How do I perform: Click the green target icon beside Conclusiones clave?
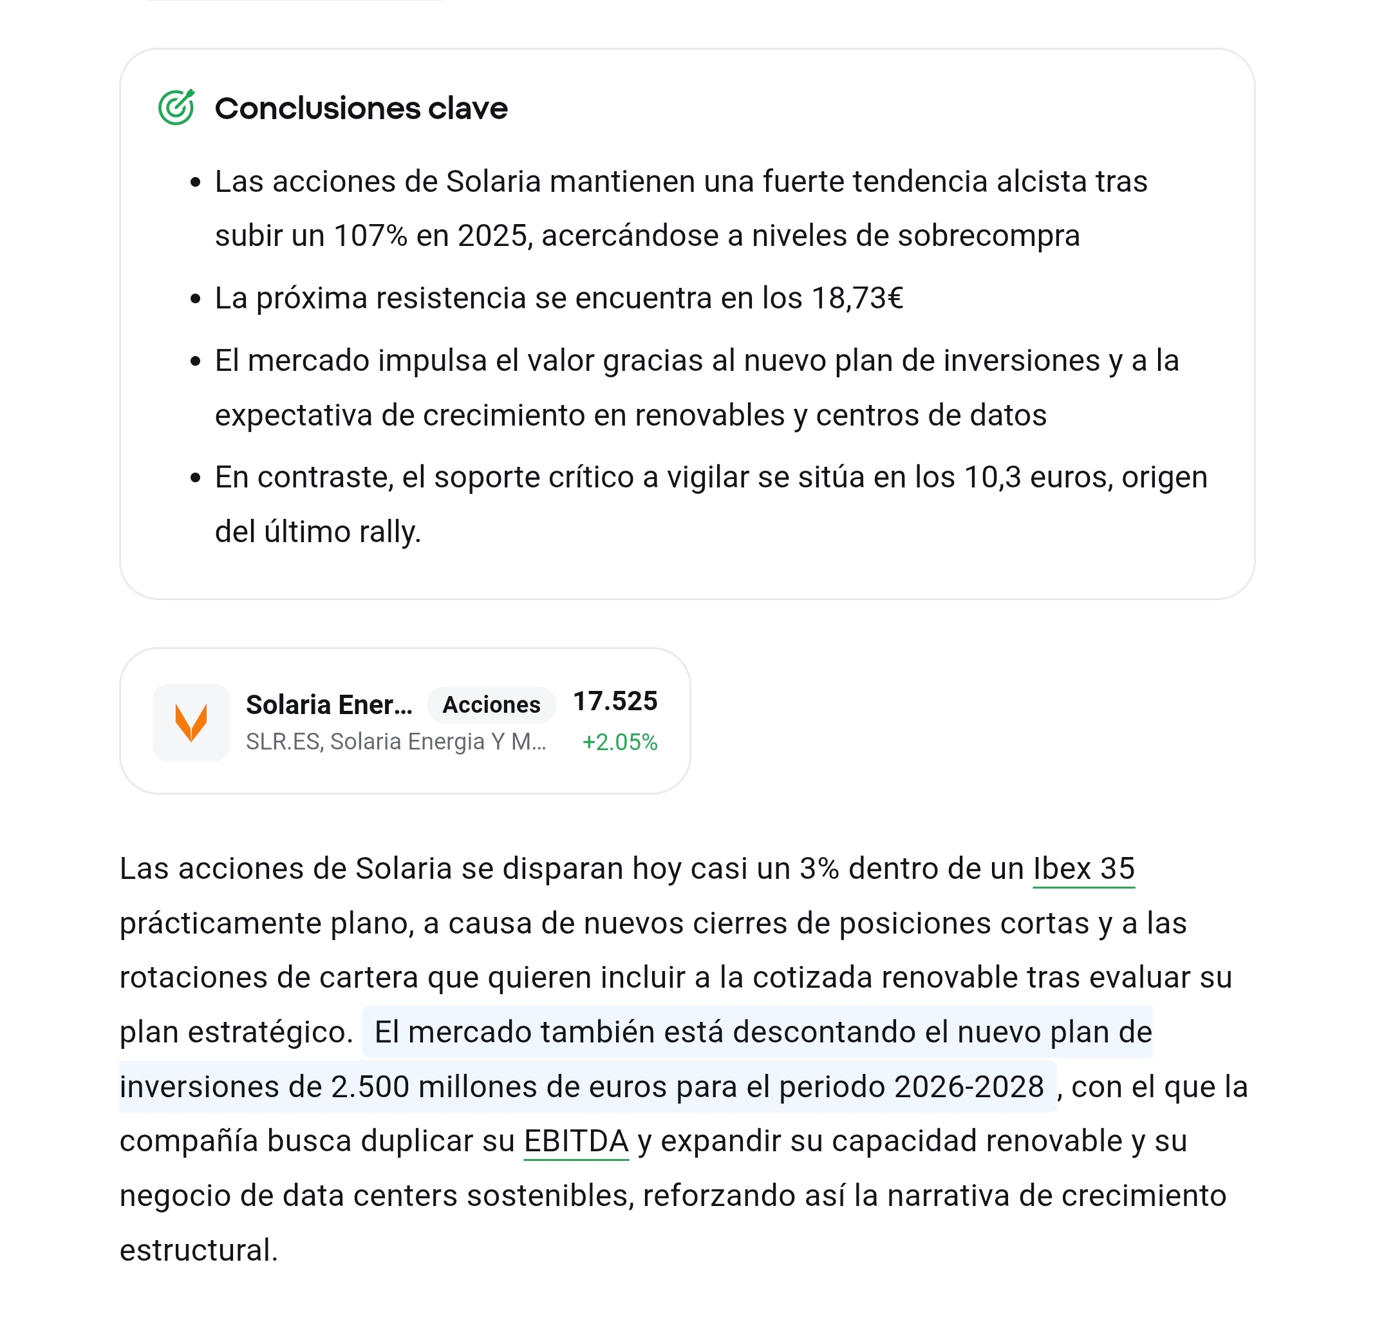tap(176, 108)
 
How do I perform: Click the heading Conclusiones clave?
tap(360, 109)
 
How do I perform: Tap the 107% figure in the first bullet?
tap(369, 236)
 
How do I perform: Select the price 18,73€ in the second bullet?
tap(857, 298)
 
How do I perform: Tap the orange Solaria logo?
tap(191, 722)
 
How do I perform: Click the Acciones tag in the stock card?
tap(491, 704)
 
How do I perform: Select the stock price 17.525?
tap(615, 701)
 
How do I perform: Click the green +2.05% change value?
tap(619, 742)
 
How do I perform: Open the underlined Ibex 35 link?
tap(1083, 869)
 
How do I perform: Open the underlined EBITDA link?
tap(576, 1141)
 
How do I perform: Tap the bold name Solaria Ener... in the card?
tap(329, 704)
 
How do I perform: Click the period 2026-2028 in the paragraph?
tap(969, 1087)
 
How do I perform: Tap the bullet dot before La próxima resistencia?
tap(196, 299)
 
